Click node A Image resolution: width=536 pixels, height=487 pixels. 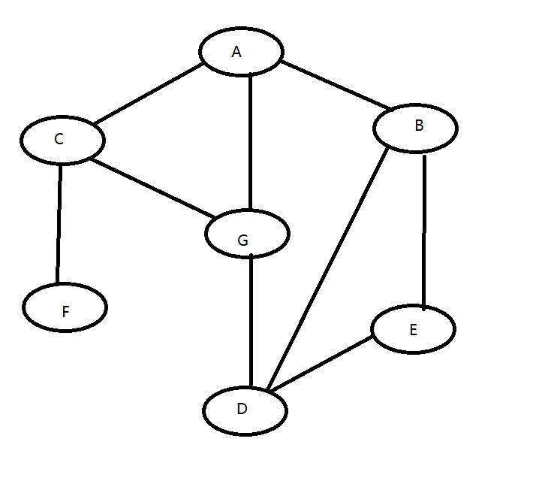[241, 51]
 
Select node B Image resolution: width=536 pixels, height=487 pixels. [415, 127]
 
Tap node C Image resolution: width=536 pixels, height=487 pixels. [62, 141]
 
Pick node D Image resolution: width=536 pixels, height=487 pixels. [245, 411]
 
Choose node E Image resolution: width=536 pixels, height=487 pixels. [413, 330]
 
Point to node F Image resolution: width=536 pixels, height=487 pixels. [65, 308]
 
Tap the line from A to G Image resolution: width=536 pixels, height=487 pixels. [250, 143]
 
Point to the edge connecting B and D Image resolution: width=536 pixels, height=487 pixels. [328, 268]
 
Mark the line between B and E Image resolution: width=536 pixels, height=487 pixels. [424, 231]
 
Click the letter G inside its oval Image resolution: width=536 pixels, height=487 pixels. [242, 240]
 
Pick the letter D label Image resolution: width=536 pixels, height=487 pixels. [241, 410]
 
